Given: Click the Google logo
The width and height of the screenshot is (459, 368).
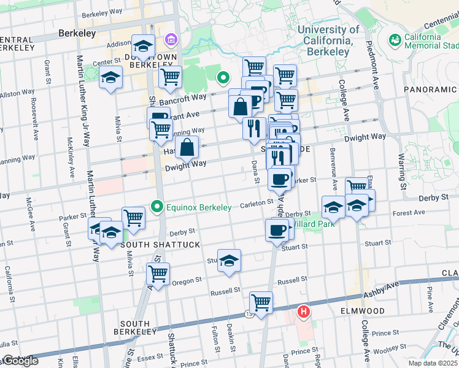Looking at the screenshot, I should click(20, 361).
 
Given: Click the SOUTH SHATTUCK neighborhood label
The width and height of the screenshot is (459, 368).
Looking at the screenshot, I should click(152, 245).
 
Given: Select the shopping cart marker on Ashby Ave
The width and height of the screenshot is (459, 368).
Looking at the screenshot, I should click(261, 302).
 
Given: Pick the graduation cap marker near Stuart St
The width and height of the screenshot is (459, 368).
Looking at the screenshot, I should click(229, 260).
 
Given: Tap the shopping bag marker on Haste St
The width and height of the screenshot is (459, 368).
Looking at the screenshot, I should click(187, 147).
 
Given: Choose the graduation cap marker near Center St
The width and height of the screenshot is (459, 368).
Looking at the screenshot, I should click(111, 77).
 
